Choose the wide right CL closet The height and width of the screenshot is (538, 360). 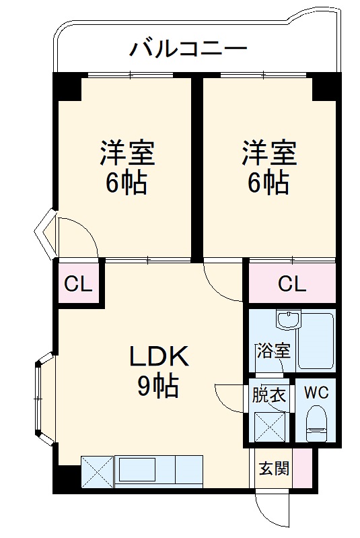tap(291, 284)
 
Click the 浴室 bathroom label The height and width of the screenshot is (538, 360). tap(273, 351)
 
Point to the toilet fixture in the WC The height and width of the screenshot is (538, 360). tap(316, 423)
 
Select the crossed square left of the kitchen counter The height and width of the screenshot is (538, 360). tap(98, 471)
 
